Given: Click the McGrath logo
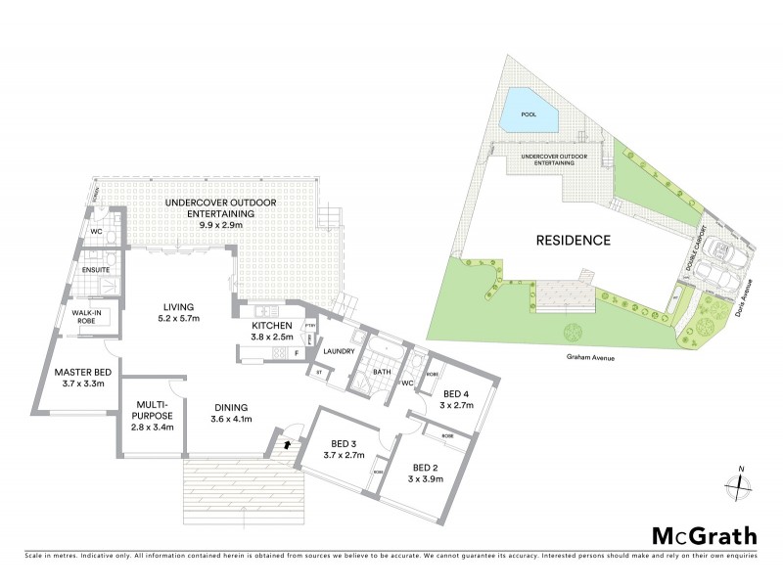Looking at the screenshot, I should [704, 535].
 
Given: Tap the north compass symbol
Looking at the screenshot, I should [739, 484].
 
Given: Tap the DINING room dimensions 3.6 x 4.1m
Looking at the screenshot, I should [231, 420].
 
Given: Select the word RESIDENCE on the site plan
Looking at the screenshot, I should [573, 240].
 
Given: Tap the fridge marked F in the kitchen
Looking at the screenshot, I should [295, 352].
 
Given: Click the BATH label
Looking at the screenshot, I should [382, 371].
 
